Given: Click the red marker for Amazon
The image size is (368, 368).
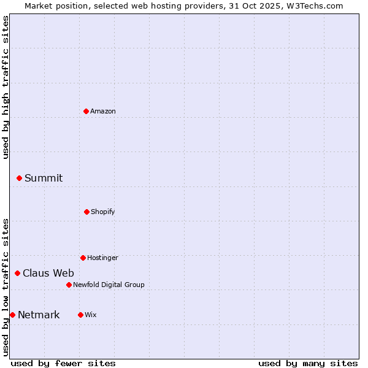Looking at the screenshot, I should [x=86, y=111].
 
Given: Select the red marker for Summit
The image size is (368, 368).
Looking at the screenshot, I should [x=19, y=178].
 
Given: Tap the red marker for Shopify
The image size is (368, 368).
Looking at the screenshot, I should [x=86, y=212].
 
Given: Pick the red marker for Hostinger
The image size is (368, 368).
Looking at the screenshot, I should [x=83, y=258].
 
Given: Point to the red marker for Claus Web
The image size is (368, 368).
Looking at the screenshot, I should [x=17, y=273].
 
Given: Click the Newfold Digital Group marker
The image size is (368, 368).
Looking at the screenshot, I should [x=69, y=285].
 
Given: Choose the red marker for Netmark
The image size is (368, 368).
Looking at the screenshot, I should [x=12, y=315].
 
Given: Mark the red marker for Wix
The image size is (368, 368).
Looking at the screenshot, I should [x=80, y=315].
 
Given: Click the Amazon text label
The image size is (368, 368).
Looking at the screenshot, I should [x=103, y=111].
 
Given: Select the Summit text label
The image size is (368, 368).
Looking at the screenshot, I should [x=44, y=178].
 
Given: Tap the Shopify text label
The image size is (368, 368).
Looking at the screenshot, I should [x=103, y=212].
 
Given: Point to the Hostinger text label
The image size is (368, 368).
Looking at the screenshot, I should [x=102, y=258].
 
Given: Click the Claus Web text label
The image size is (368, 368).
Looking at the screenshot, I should [x=48, y=273].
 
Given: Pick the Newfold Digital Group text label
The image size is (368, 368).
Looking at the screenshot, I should [x=109, y=285].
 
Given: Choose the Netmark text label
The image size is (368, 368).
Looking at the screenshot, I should [x=39, y=315].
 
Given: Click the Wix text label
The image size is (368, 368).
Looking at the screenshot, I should [x=91, y=315].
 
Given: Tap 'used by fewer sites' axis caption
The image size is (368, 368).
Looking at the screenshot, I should [x=63, y=363].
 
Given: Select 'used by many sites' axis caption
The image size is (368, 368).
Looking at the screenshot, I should [x=308, y=363].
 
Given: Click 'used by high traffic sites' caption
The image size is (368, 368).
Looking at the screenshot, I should [x=6, y=87].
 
